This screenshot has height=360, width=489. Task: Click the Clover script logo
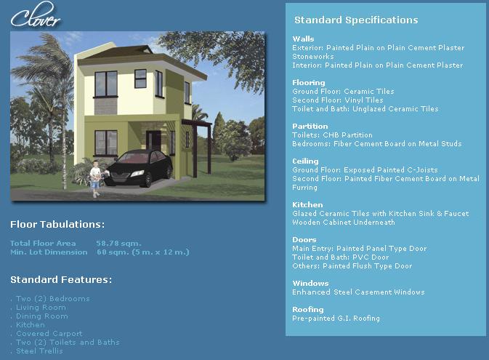click(x=36, y=15)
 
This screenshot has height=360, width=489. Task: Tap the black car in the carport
click(x=139, y=168)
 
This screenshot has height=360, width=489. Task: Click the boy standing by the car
click(x=95, y=179)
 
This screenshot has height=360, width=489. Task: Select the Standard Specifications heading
click(x=356, y=20)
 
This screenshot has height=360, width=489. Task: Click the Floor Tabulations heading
click(x=57, y=224)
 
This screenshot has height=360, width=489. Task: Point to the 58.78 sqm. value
click(x=118, y=243)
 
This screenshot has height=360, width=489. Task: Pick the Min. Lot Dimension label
click(x=49, y=252)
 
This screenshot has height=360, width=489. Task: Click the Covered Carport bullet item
click(x=49, y=334)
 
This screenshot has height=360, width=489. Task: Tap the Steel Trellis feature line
click(x=39, y=351)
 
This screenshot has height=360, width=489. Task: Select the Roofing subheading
click(x=308, y=309)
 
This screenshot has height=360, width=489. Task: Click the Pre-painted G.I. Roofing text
click(x=336, y=319)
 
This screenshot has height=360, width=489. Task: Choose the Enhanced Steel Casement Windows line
click(x=358, y=292)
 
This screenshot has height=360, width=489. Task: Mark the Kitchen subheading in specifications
click(x=307, y=205)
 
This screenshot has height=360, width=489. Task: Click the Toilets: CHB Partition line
click(x=332, y=135)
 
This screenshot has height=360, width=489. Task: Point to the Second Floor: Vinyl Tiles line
click(x=338, y=100)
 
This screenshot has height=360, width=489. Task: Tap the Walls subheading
click(x=303, y=39)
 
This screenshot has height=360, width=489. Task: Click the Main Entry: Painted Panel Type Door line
click(x=359, y=249)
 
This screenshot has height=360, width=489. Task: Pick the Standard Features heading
click(x=61, y=279)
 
